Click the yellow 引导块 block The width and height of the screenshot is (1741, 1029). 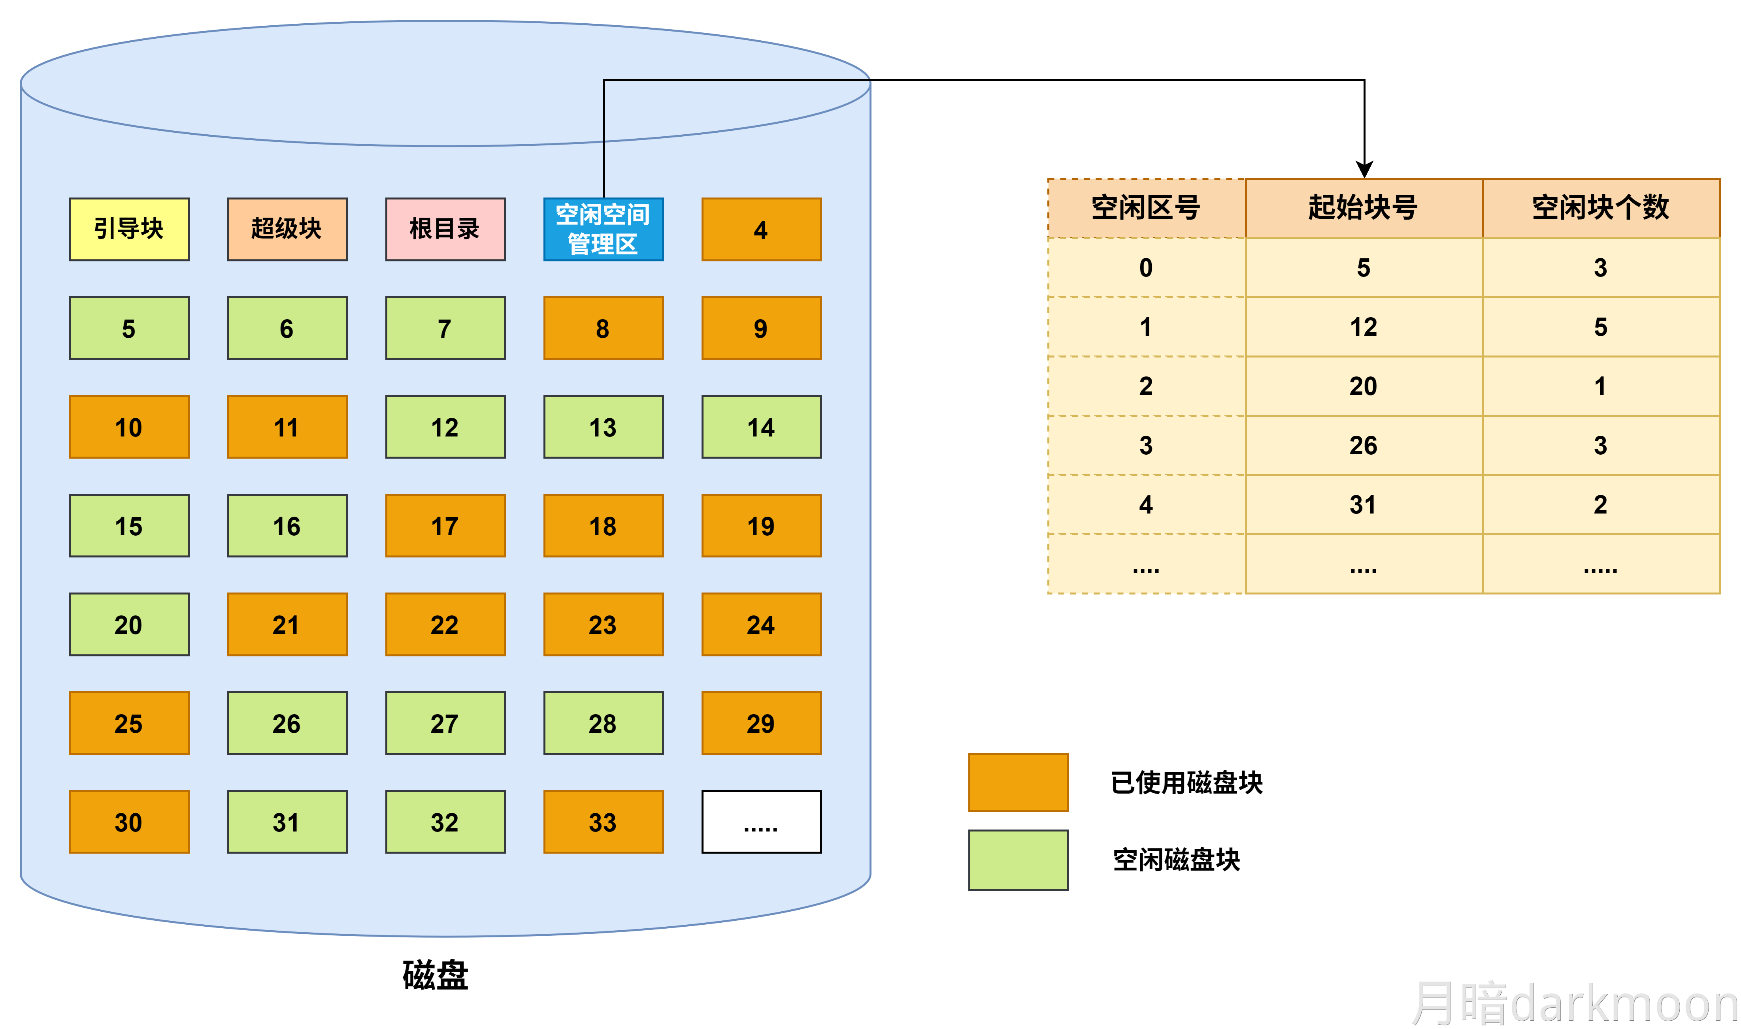(129, 229)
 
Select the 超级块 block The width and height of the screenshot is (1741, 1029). (287, 229)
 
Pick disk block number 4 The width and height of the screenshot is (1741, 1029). (761, 229)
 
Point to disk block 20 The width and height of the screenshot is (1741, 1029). (129, 624)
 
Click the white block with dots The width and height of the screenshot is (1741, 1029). (761, 822)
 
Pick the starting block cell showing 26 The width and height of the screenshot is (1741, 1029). (1364, 445)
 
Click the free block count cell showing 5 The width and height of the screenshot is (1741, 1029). (1601, 327)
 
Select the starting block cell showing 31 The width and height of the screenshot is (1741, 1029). (1364, 504)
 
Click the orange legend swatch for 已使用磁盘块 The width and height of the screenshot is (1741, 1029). (1018, 782)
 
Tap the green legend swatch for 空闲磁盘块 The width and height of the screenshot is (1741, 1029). (1018, 860)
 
